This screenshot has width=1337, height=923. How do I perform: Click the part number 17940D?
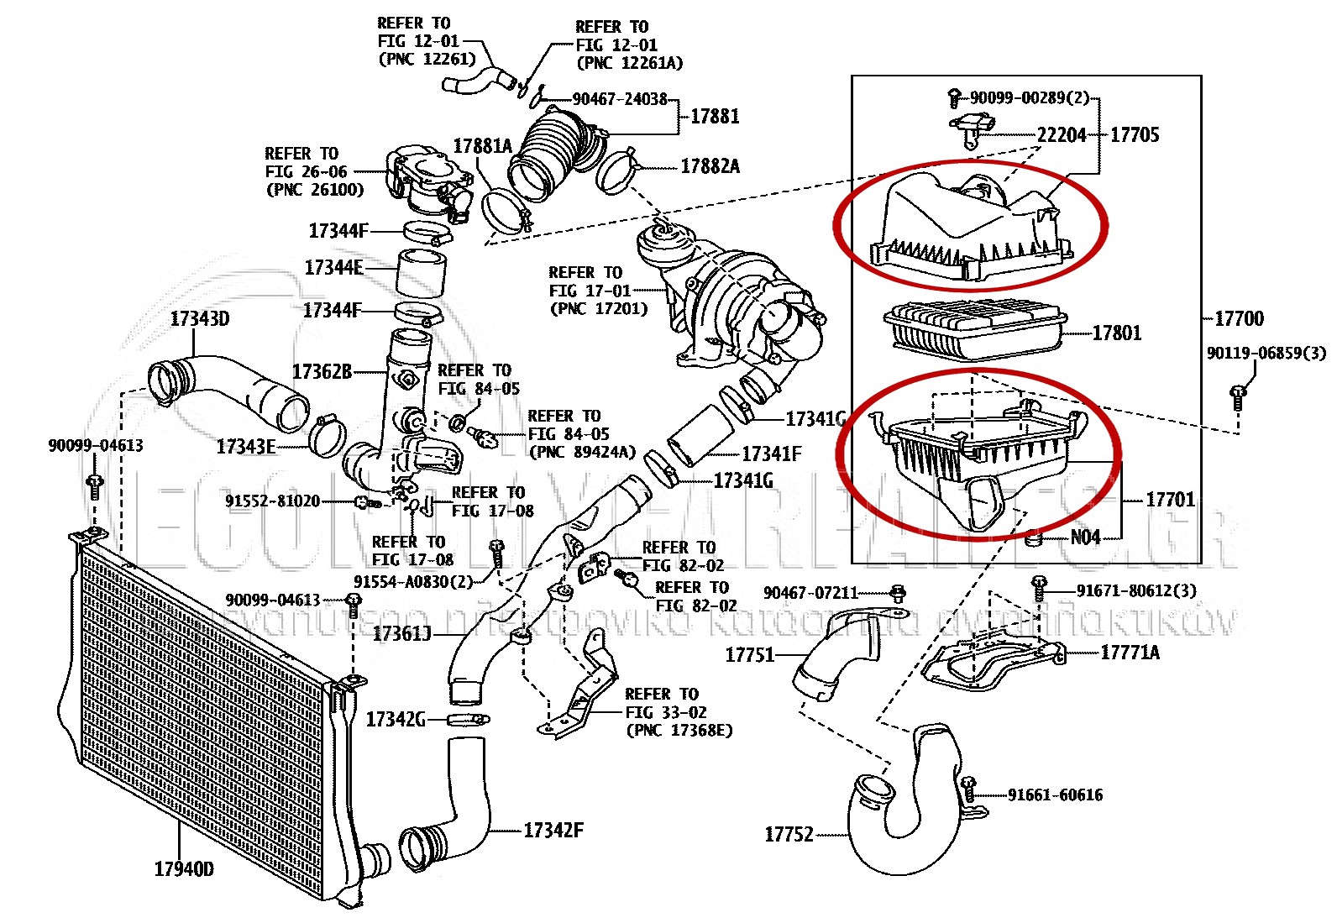click(184, 868)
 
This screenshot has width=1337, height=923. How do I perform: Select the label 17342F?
click(553, 831)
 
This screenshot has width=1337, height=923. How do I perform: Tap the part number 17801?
click(1117, 333)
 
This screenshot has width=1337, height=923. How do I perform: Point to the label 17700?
click(1239, 318)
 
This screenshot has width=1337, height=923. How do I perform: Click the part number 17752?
click(789, 834)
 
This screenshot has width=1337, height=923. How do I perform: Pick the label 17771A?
click(1130, 653)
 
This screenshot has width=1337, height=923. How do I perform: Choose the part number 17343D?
click(200, 318)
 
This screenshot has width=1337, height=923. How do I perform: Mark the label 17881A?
click(482, 146)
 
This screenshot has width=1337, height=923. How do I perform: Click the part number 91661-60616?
click(1055, 795)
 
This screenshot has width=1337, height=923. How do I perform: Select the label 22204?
click(1062, 134)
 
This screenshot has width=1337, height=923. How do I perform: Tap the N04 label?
click(1085, 537)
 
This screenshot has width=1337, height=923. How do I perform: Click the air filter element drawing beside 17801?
click(974, 328)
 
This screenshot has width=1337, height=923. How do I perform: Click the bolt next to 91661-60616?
click(968, 789)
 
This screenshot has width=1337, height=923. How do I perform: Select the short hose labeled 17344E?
click(421, 271)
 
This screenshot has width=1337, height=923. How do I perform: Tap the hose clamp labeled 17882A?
click(618, 169)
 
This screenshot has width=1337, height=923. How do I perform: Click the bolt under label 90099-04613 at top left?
click(94, 483)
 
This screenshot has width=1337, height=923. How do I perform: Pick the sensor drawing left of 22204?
click(972, 128)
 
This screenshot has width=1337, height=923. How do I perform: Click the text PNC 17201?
click(599, 308)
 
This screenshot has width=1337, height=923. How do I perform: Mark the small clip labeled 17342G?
click(468, 719)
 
